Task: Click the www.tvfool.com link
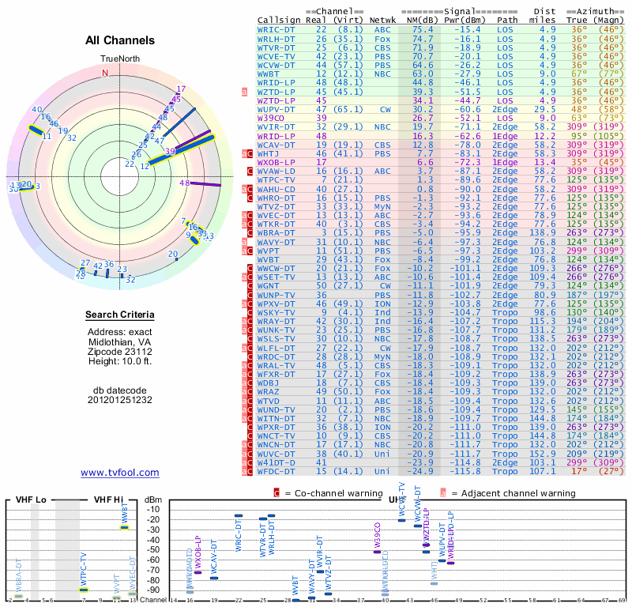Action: click(120, 473)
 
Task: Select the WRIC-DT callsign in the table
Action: click(276, 29)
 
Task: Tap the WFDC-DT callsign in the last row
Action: click(276, 472)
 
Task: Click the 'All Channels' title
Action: click(120, 40)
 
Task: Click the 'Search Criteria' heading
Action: click(120, 315)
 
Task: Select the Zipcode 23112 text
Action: click(120, 352)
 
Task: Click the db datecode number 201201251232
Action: click(120, 400)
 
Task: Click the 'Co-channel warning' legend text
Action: click(335, 493)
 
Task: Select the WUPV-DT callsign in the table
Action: click(276, 109)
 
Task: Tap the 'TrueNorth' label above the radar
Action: click(118, 59)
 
